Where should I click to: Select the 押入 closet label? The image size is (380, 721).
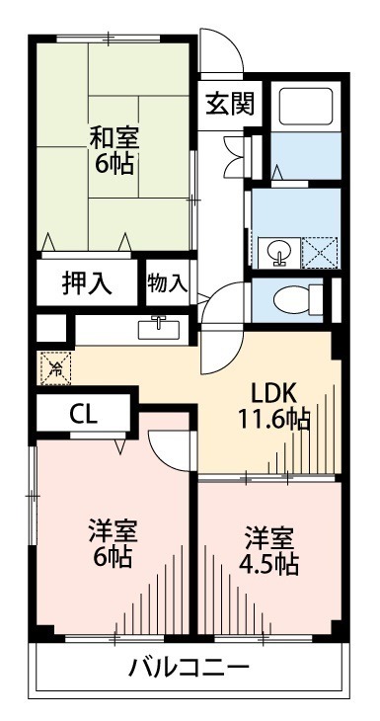(x=87, y=281)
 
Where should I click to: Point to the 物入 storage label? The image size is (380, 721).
(x=167, y=281)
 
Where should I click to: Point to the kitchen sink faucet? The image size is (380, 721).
(x=158, y=326)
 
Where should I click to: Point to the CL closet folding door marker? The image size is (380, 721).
(x=119, y=445)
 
